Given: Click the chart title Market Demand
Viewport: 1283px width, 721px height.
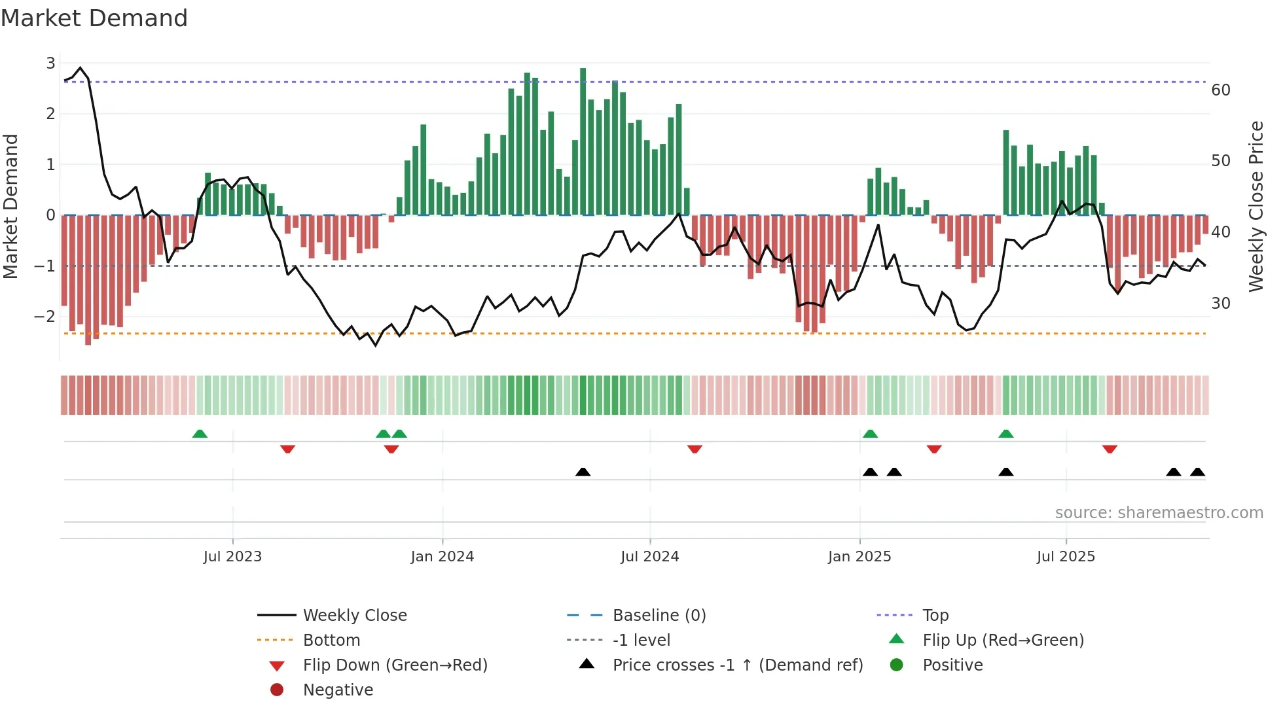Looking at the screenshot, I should pyautogui.click(x=94, y=18).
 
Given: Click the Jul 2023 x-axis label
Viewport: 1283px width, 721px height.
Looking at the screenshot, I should pyautogui.click(x=232, y=557).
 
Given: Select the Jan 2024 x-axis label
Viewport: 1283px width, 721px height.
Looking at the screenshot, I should pyautogui.click(x=443, y=557).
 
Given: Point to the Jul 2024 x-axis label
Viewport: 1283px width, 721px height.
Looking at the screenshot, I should pyautogui.click(x=650, y=557).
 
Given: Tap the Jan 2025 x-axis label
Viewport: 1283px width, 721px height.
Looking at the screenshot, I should pyautogui.click(x=859, y=557).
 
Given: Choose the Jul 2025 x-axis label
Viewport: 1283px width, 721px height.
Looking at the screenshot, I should pyautogui.click(x=1066, y=557).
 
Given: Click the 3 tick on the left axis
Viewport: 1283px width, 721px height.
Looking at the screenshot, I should pyautogui.click(x=50, y=63).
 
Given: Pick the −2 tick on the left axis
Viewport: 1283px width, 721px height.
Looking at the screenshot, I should pyautogui.click(x=45, y=317).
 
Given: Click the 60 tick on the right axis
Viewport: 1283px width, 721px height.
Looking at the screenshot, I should pyautogui.click(x=1221, y=90).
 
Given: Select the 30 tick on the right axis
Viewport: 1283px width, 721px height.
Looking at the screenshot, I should pyautogui.click(x=1221, y=304).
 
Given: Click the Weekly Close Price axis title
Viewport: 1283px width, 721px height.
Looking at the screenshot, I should pyautogui.click(x=1256, y=206).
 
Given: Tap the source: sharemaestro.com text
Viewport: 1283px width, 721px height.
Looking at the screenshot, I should pyautogui.click(x=1159, y=513).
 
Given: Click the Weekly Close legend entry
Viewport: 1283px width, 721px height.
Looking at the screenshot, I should pyautogui.click(x=355, y=616).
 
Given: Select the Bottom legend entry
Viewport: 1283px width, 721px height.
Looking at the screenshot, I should pyautogui.click(x=331, y=641).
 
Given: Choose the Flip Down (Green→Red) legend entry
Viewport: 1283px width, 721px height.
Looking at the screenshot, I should pyautogui.click(x=395, y=665).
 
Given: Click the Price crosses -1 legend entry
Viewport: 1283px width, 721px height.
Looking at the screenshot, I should pyautogui.click(x=738, y=665).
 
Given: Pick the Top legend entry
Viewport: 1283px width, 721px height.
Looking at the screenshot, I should pyautogui.click(x=935, y=616).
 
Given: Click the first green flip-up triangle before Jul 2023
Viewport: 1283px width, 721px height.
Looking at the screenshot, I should pyautogui.click(x=200, y=434).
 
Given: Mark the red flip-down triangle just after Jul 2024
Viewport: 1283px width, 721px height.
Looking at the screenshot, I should pyautogui.click(x=695, y=449).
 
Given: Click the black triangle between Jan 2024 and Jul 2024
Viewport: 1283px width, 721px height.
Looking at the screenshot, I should pyautogui.click(x=583, y=472).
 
